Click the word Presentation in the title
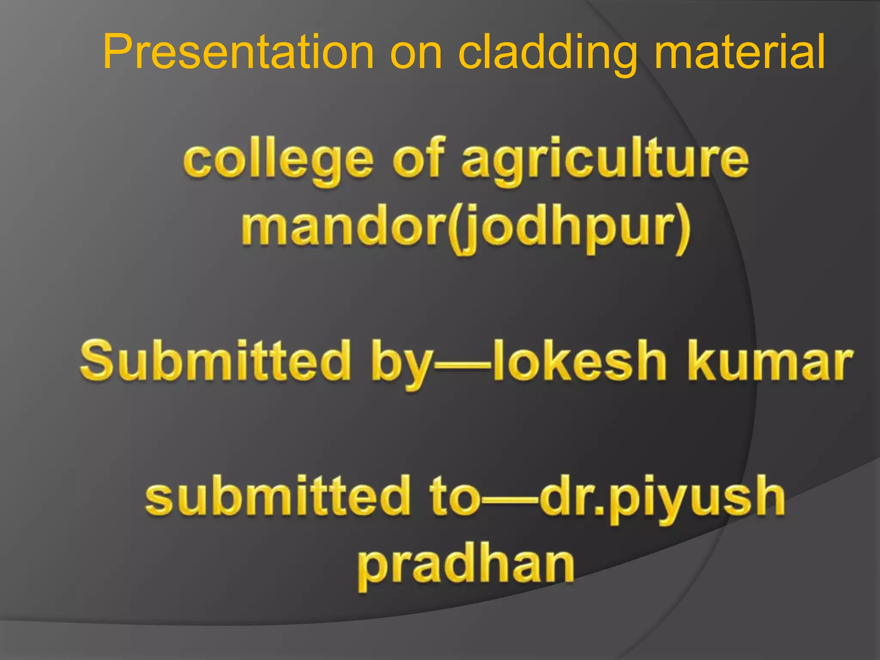point(238,52)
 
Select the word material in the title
point(739,52)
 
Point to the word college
point(278,161)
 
